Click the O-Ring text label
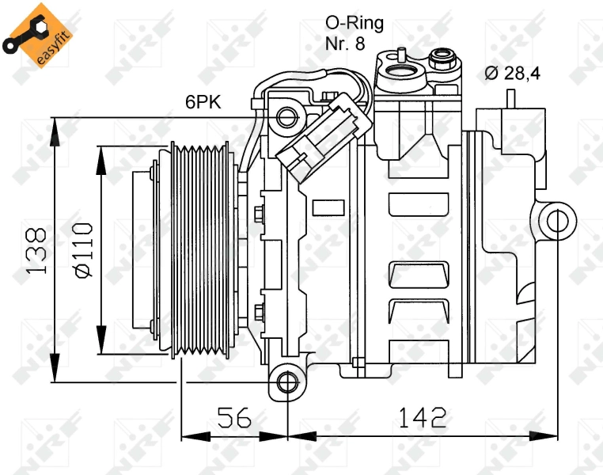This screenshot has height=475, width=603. coord(354,22)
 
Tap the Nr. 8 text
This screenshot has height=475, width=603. coord(345,44)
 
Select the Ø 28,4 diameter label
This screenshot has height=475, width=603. coord(513,74)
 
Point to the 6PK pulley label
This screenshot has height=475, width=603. coord(203,101)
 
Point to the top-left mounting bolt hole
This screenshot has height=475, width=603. coord(286,118)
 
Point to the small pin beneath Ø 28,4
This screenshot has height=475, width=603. coord(510,99)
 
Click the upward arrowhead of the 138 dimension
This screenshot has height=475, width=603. coord(55,127)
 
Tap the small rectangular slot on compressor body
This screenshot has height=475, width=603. coord(328,207)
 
